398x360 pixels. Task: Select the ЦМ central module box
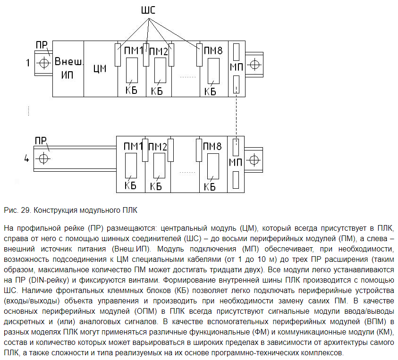point(100,69)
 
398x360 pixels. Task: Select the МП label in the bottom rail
point(236,162)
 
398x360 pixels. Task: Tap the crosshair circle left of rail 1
point(43,63)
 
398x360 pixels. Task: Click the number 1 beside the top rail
point(28,63)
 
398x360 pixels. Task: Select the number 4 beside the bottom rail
point(26,159)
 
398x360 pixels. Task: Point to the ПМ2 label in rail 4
point(158,147)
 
